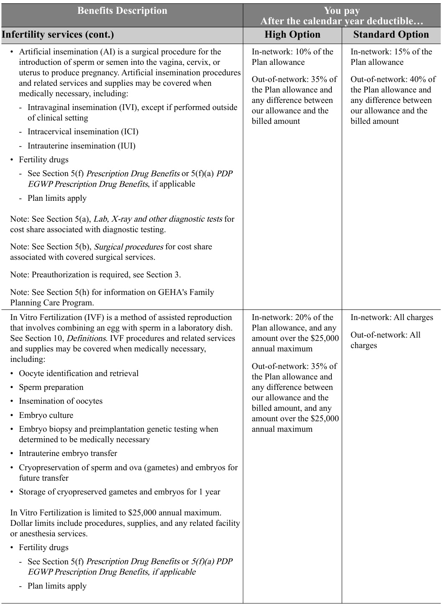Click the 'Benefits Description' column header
(x=122, y=11)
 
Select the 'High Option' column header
(x=292, y=35)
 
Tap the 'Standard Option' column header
(x=391, y=35)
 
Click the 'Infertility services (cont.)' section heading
(x=58, y=35)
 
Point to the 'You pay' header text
(x=341, y=11)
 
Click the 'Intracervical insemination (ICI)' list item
(x=83, y=132)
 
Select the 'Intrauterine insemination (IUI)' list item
(x=82, y=146)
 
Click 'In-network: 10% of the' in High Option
(x=292, y=52)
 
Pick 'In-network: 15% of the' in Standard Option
(x=391, y=52)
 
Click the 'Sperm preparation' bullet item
(x=51, y=387)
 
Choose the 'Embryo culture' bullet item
(x=46, y=415)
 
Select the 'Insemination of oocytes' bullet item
(x=61, y=401)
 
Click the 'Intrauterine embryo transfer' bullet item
(x=68, y=453)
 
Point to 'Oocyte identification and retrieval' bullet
(x=79, y=374)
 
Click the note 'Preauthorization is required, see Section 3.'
(x=95, y=275)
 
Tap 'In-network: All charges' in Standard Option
(x=392, y=318)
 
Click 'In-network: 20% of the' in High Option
(x=292, y=318)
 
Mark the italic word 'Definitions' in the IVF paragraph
(x=86, y=338)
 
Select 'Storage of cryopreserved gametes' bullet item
(x=119, y=492)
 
